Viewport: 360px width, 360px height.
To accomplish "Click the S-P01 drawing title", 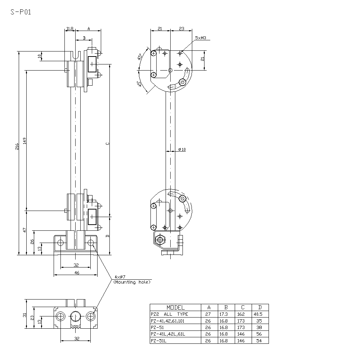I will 21,12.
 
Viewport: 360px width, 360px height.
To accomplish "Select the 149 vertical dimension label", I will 24,141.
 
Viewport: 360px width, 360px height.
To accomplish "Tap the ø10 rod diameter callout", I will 182,149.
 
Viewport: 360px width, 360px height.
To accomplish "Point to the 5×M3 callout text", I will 200,38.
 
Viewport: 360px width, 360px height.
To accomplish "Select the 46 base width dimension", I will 76,273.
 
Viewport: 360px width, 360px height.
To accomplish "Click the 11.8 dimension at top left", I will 70,28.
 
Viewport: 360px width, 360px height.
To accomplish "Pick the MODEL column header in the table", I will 175,307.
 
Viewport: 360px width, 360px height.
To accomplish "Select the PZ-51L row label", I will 159,340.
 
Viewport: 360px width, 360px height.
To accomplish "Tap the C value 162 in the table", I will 241,314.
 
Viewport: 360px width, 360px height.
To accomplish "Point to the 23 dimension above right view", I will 181,28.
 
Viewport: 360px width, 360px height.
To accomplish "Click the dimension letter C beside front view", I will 108,144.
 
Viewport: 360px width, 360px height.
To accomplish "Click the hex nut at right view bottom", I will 159,239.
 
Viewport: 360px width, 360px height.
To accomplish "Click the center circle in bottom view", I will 76,316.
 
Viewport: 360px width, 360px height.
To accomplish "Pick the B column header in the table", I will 226,307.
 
